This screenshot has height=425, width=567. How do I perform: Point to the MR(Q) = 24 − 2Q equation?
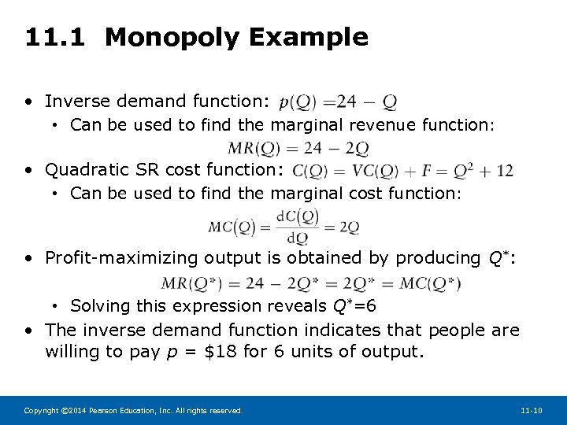click(297, 147)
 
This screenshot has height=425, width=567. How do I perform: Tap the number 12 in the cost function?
click(505, 171)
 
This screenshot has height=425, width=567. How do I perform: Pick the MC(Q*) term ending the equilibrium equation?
click(431, 283)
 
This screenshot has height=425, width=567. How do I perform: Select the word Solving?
click(98, 306)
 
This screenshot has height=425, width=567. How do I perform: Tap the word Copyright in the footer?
click(40, 411)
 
